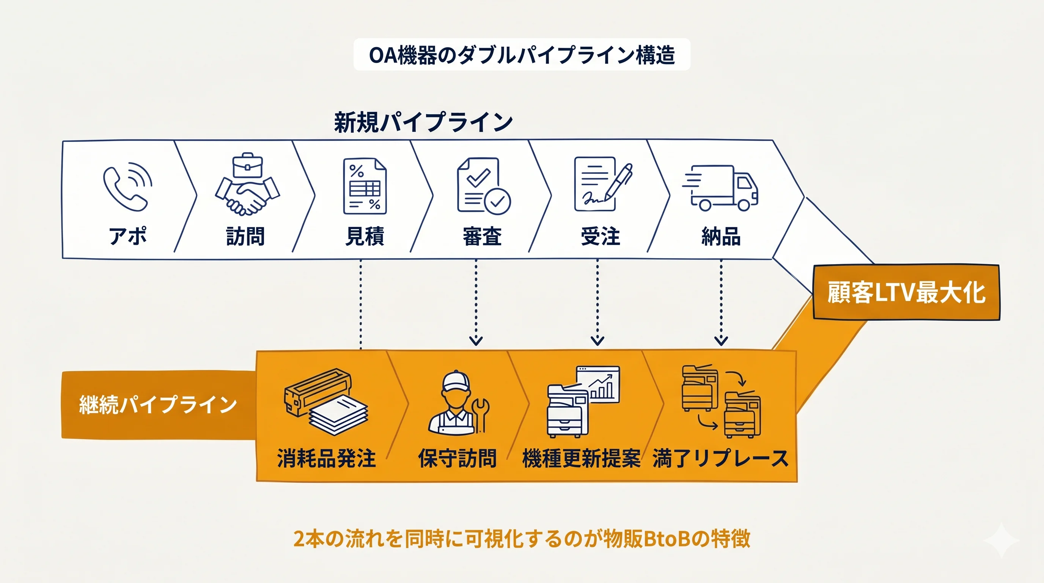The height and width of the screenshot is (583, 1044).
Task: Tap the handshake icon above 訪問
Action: (247, 184)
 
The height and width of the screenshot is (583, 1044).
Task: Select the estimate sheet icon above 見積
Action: (365, 186)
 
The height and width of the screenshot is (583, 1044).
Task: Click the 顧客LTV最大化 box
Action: (906, 292)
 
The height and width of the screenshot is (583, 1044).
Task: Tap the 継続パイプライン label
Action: (158, 405)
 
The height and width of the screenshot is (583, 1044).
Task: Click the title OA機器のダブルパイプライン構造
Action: (522, 55)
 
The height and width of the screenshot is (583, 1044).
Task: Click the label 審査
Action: (482, 236)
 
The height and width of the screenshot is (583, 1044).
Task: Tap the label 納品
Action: (721, 236)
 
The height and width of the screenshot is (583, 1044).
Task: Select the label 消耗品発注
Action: (327, 459)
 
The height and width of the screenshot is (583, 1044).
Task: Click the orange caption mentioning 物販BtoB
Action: (522, 539)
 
